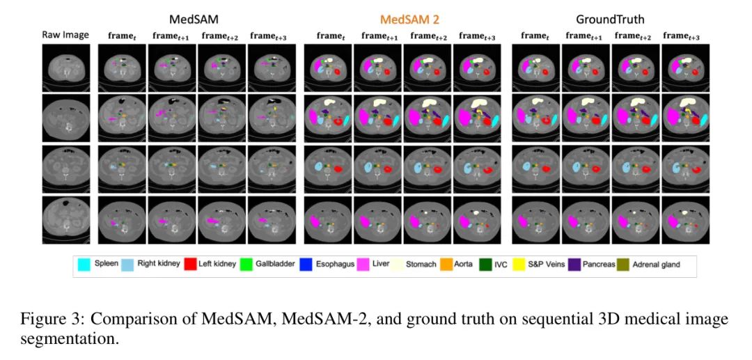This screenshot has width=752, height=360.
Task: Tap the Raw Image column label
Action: pyautogui.click(x=65, y=35)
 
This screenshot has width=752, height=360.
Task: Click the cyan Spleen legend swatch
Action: pyautogui.click(x=84, y=265)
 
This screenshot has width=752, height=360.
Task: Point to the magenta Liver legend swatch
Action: pyautogui.click(x=363, y=265)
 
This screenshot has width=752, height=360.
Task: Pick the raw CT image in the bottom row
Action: pyautogui.click(x=65, y=219)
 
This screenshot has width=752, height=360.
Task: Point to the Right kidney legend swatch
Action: pyautogui.click(x=127, y=265)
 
